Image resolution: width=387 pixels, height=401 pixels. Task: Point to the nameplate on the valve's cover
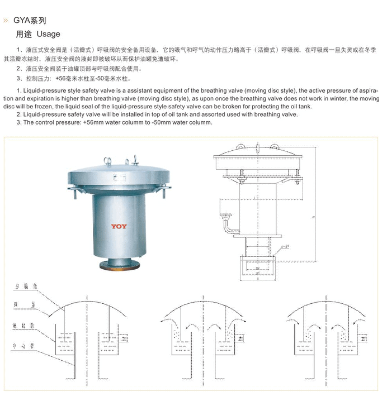(115, 175)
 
